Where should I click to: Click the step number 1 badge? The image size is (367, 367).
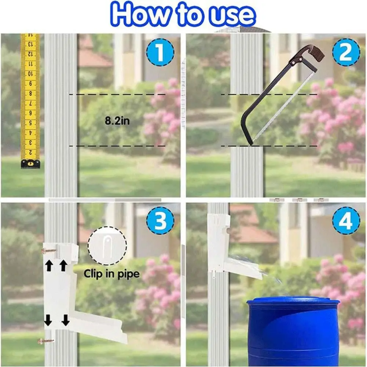[160, 52]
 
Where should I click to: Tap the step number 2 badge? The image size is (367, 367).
[346, 52]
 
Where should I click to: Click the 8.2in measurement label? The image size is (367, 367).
[117, 121]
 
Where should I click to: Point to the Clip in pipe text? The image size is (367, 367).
[112, 274]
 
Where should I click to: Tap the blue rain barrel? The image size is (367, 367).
[292, 330]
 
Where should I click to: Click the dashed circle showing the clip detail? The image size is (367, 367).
[107, 246]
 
